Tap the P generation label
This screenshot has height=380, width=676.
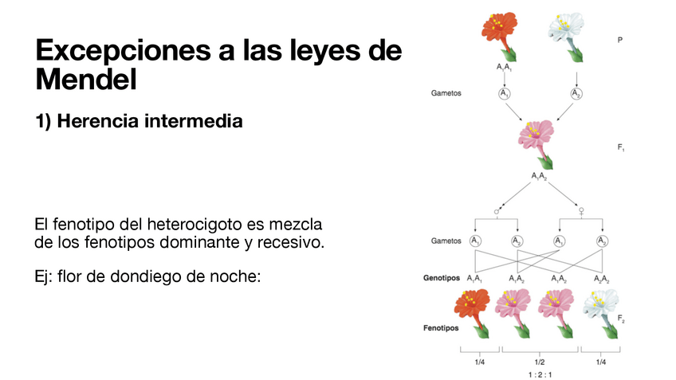pyautogui.click(x=619, y=39)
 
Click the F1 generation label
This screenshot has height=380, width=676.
pyautogui.click(x=620, y=147)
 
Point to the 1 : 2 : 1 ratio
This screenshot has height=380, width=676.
pyautogui.click(x=540, y=373)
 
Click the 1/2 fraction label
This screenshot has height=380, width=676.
pyautogui.click(x=540, y=361)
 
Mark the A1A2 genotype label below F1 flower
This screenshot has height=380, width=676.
pyautogui.click(x=540, y=176)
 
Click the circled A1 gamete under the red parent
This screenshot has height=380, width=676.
pyautogui.click(x=504, y=94)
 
